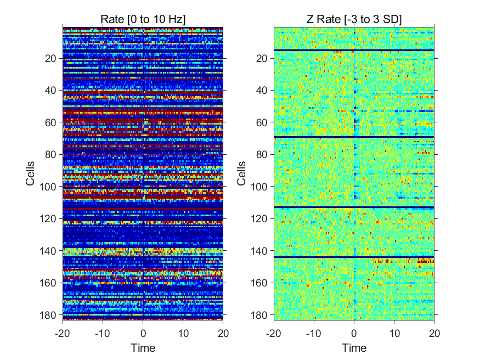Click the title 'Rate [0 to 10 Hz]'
click(143, 19)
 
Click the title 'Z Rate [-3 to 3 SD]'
click(354, 19)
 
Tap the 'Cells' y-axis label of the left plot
click(30, 173)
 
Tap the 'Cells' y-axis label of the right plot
click(241, 173)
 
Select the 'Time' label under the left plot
click(143, 348)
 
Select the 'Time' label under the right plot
click(354, 348)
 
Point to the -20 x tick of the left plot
click(63, 333)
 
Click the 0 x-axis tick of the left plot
click(143, 333)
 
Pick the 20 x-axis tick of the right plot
click(434, 333)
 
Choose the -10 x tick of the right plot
click(314, 333)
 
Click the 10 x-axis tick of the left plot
click(183, 333)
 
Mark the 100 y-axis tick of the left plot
click(48, 187)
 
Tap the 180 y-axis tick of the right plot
click(259, 314)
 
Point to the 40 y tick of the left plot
click(50, 91)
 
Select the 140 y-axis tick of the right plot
click(259, 251)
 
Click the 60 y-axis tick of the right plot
click(262, 122)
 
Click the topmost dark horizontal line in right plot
click(354, 50)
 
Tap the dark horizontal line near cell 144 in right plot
click(354, 257)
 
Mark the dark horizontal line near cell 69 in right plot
click(354, 137)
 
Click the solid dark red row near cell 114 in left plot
click(143, 209)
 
